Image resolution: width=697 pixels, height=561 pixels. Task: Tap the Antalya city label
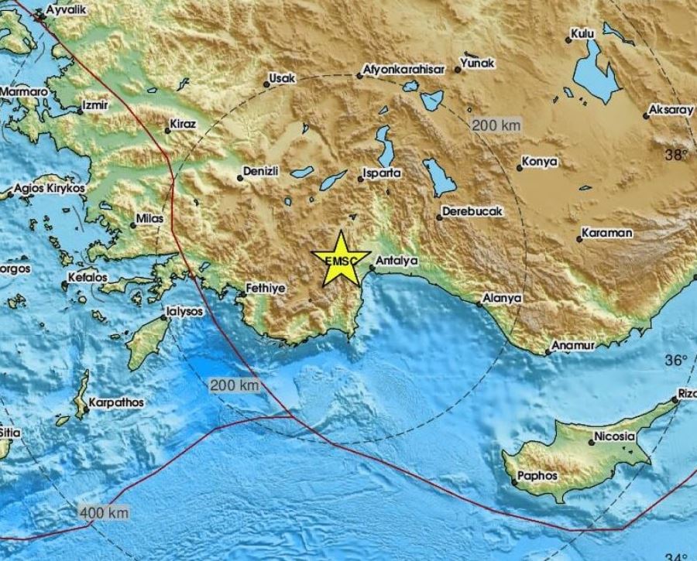point(398,262)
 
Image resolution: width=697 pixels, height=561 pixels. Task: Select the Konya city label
point(541,162)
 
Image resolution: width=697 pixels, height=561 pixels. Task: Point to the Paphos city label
point(539,477)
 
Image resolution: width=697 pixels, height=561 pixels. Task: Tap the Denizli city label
point(261,171)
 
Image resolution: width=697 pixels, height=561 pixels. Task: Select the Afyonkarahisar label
point(404,70)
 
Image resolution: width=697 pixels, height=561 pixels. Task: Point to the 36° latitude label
point(677,360)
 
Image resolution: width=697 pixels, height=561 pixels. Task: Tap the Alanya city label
point(502,297)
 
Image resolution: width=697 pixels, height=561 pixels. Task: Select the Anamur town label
point(573,345)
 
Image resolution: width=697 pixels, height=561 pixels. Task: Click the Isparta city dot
point(360,180)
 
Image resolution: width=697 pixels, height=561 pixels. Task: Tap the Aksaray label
point(672,110)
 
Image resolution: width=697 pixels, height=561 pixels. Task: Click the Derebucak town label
point(472,211)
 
